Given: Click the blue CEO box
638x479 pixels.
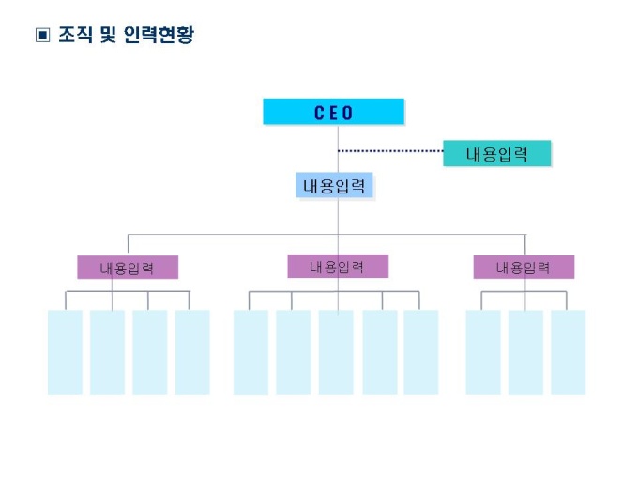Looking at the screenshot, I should pos(333,112).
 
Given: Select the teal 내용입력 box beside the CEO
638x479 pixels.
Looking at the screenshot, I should pos(496,154).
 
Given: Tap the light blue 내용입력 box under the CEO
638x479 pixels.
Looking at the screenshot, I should pos(336,186).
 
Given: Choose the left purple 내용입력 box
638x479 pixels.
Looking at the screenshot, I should pos(127,268).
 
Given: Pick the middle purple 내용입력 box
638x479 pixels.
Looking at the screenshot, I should pos(337,267).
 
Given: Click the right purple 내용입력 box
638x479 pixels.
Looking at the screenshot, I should pos(523,268).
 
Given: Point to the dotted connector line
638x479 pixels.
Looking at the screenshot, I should pos(389,150).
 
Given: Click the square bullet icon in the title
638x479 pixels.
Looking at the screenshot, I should pos(41,37).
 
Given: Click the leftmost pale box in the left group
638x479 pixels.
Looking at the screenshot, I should pos(65,352).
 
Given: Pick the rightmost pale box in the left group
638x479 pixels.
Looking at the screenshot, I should pos(192,352).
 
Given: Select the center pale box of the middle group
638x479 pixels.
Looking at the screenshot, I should pos(336,352).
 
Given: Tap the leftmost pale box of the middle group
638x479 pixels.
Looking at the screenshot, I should pos(251,352).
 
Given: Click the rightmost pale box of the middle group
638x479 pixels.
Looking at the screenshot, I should pos(421,352).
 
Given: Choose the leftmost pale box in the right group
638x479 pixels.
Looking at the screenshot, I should pos(483,352).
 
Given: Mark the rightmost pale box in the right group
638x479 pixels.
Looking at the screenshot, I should pos(569,352).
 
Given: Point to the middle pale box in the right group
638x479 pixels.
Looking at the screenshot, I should pos(525,352).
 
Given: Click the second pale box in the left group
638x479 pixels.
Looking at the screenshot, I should pos(107,352).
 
